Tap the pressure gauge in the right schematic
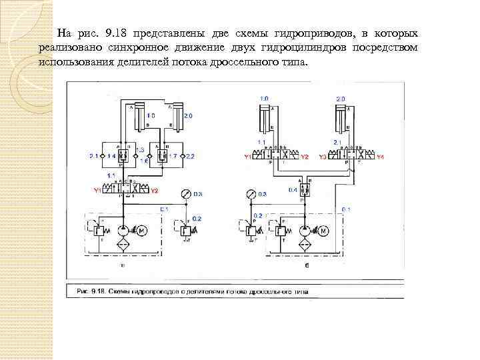point(250,195)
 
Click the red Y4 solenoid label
point(381,157)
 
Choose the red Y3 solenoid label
point(322,157)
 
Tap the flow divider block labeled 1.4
point(121,155)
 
